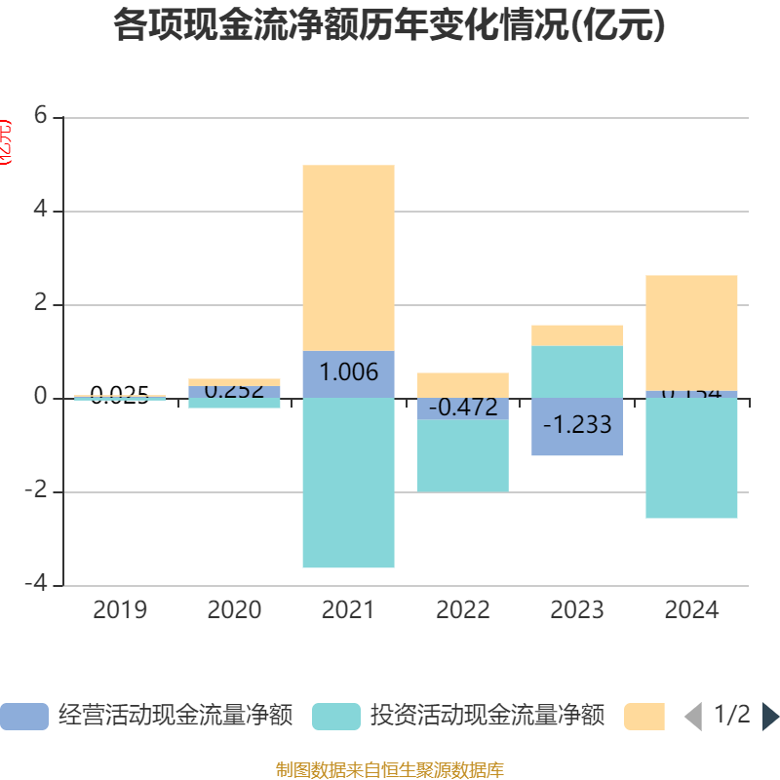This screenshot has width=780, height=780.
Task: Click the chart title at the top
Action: coord(389,26)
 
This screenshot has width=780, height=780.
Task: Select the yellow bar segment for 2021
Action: coord(348,257)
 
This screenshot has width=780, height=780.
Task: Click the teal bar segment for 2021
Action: coord(348,483)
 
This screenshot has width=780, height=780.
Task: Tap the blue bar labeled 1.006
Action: coord(348,373)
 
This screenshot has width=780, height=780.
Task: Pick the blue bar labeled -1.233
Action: coord(577,426)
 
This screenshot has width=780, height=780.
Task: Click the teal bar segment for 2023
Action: coord(577,371)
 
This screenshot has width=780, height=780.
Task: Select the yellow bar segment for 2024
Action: coord(691,332)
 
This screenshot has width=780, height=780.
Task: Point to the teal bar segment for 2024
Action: coord(691,458)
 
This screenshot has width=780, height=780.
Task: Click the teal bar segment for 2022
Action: coord(462,455)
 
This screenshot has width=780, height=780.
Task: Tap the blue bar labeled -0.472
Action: coord(462,409)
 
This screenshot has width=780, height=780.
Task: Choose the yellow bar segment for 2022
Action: coord(462,385)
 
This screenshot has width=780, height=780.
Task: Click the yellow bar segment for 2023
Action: coord(577,335)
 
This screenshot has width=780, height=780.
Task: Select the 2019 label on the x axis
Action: coord(120,610)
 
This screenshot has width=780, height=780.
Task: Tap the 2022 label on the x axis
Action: coord(462,610)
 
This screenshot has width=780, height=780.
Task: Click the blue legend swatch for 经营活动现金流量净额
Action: coord(23,716)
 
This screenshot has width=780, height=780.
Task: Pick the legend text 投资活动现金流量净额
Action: coord(487,716)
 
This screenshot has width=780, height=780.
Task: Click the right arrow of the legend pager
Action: coord(770,716)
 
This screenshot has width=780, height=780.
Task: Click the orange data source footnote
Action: coord(389,770)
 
